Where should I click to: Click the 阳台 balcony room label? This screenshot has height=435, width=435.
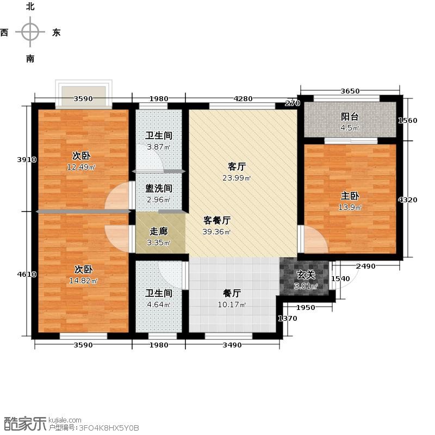(x=350, y=117)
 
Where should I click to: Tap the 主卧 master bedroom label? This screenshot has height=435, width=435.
(x=350, y=196)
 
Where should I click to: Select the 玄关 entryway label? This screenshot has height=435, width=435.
(x=306, y=275)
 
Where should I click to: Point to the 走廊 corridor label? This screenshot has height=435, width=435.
(x=159, y=231)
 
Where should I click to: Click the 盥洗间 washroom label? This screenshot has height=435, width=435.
(x=159, y=188)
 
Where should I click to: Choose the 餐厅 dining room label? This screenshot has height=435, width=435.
(x=232, y=293)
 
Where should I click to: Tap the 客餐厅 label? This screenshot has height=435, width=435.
(x=217, y=220)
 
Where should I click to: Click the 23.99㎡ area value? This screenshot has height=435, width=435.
(x=237, y=178)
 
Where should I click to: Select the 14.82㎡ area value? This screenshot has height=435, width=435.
(x=83, y=281)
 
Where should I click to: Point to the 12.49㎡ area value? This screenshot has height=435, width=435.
(x=81, y=167)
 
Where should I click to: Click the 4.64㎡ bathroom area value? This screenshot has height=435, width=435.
(x=158, y=304)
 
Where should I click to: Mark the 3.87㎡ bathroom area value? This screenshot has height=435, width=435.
(x=158, y=147)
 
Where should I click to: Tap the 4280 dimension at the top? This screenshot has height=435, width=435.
(x=243, y=98)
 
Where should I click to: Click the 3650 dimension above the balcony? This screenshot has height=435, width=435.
(x=350, y=91)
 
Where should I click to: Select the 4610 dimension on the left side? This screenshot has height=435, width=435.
(x=27, y=275)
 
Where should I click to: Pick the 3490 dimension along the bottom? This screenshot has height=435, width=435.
(x=232, y=345)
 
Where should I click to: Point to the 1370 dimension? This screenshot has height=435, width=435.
(x=288, y=318)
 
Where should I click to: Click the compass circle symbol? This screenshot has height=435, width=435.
(x=30, y=32)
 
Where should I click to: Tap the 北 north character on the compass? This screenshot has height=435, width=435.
(x=30, y=7)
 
